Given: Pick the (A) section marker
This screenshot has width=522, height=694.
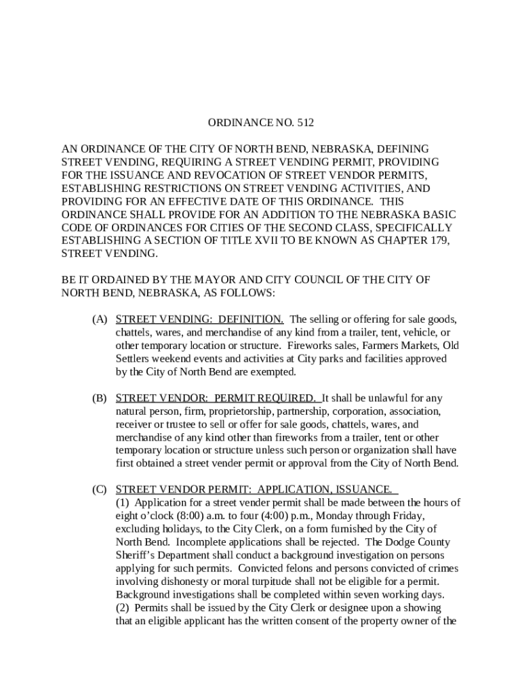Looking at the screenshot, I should (x=100, y=319).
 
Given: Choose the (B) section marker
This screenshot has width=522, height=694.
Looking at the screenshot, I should (x=100, y=398).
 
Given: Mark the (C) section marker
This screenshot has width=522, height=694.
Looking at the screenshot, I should (x=100, y=489).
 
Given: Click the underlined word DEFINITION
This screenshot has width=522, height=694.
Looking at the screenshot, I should (x=250, y=319).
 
